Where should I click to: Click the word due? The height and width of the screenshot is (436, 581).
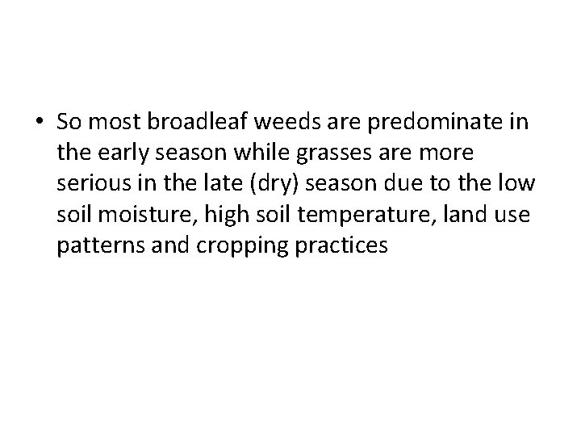(416, 184)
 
